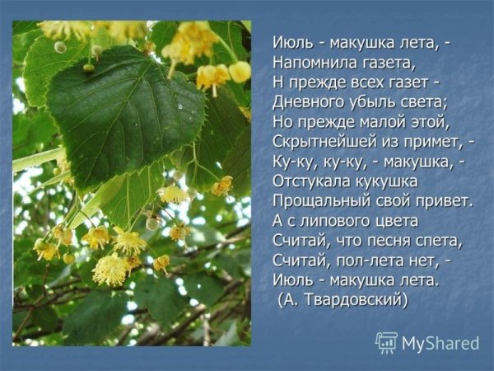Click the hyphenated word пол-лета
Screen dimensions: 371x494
pos(369,261)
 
